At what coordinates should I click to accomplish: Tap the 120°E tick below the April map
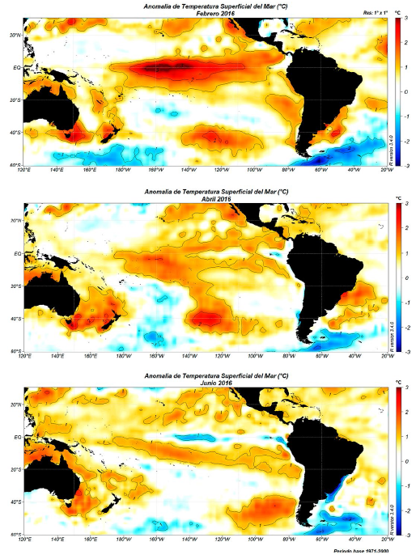[x=25, y=355]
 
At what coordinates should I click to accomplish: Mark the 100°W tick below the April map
[x=253, y=355]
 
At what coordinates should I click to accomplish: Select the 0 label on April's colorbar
[x=407, y=277]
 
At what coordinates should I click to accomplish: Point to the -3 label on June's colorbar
[x=407, y=536]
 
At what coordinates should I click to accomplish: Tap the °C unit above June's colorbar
[x=398, y=381]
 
